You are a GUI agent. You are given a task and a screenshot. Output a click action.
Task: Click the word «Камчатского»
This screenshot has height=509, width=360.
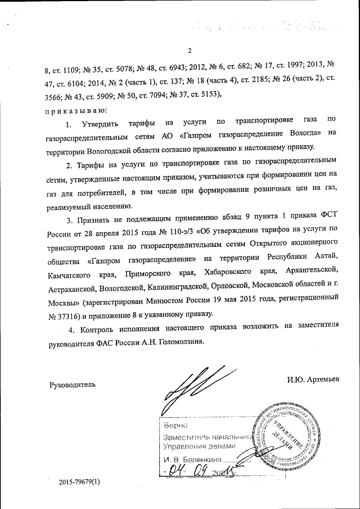click(x=70, y=274)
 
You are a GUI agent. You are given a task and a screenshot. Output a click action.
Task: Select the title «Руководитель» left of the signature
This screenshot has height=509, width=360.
click(x=73, y=385)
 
